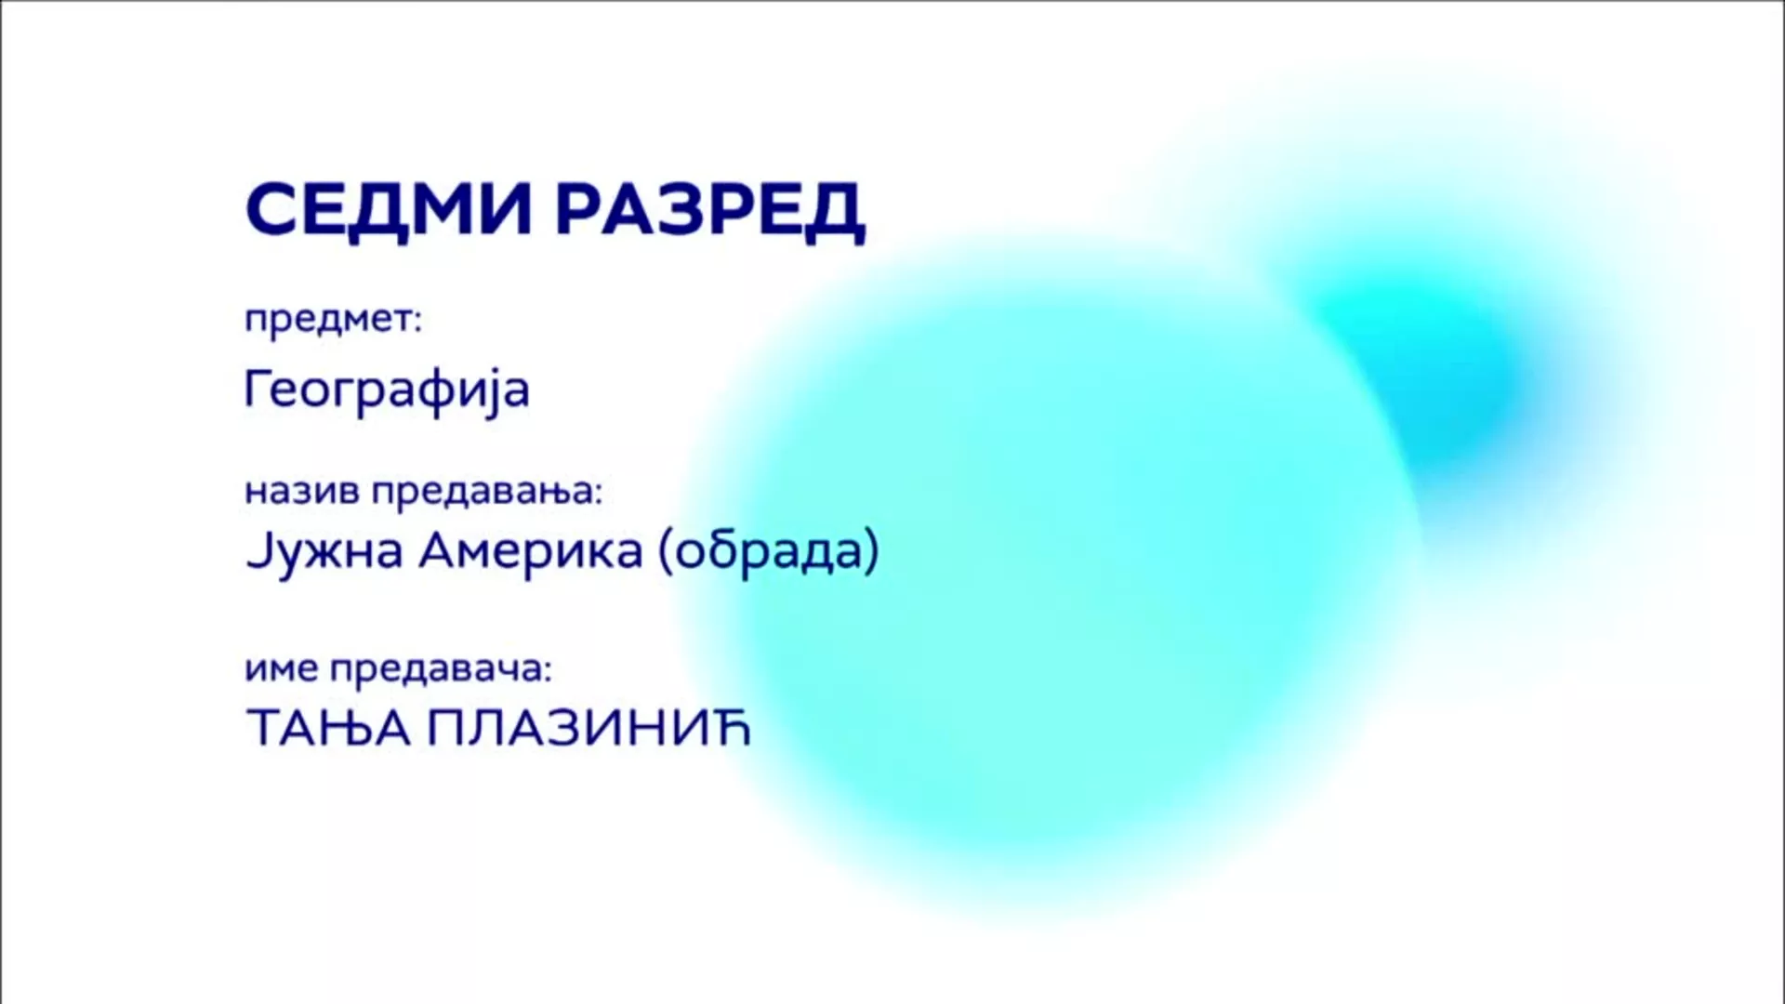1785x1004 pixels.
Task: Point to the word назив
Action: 301,490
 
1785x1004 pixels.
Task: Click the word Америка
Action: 530,551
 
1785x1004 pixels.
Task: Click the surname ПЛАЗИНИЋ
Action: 588,728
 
